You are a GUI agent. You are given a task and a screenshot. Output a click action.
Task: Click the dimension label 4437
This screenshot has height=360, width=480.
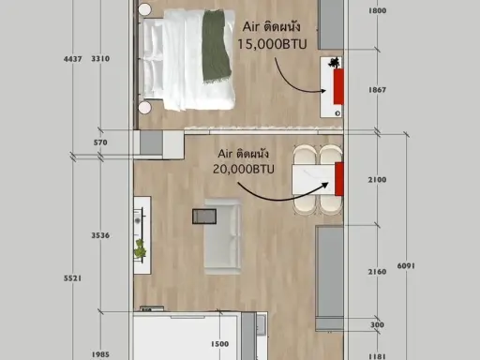point(73,59)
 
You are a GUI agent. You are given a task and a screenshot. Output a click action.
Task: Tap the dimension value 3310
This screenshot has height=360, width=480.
point(100,59)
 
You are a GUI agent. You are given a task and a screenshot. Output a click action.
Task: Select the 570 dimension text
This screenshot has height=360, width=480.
point(100,142)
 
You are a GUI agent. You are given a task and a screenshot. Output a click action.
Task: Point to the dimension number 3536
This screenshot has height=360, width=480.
point(100,235)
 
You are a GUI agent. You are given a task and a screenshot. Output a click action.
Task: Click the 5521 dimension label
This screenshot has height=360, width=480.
point(73,278)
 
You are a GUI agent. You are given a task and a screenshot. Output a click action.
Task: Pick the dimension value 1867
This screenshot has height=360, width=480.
point(377,90)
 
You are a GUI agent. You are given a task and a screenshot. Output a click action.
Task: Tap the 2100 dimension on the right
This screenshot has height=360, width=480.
point(377,180)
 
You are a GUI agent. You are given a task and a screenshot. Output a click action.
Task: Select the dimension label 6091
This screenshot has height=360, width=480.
point(406,266)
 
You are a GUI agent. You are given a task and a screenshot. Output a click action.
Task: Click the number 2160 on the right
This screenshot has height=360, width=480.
point(377,272)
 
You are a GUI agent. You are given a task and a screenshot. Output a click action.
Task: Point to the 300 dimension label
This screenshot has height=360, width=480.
point(377,325)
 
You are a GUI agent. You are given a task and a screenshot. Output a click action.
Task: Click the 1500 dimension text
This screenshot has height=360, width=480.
point(219,344)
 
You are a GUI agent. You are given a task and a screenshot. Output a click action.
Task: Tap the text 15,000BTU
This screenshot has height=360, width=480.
point(272,44)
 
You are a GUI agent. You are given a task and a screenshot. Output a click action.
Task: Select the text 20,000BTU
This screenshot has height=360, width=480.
point(244,169)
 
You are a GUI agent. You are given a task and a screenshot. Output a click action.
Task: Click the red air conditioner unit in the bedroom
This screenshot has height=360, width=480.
point(338,86)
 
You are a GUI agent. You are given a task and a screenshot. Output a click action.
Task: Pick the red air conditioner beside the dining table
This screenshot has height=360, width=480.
point(339,179)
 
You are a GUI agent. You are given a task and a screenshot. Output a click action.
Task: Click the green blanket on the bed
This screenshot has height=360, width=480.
point(217,47)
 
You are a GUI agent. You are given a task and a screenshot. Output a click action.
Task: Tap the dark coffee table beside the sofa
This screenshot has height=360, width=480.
point(204,217)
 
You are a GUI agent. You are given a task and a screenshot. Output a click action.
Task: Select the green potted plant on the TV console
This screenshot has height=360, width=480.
point(141,248)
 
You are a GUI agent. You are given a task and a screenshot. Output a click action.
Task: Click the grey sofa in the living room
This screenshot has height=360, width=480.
point(223,237)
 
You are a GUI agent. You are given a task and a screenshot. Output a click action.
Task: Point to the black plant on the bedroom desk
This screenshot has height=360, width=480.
point(334,63)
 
